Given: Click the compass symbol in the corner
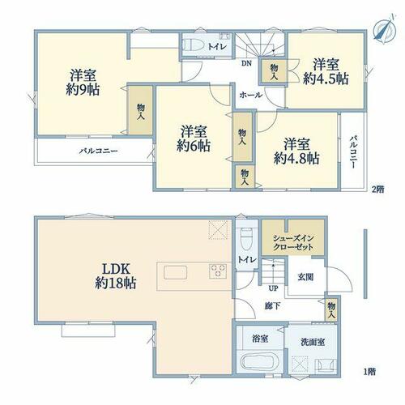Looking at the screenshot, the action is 384,29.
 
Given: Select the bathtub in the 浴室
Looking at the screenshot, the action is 259,362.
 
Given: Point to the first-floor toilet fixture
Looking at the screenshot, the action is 246,239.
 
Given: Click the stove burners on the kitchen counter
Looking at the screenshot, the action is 218,271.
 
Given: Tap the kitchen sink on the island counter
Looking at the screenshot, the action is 175,272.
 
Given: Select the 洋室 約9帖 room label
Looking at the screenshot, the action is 83,82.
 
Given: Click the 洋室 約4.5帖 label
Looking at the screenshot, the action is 326,71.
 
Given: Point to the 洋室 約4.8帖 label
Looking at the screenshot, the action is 296,151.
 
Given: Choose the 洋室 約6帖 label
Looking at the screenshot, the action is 194,139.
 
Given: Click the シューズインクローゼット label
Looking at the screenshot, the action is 293,243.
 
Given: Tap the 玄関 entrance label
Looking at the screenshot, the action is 305,277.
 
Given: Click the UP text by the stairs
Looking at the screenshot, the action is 273,288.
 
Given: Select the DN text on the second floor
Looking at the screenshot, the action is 246,64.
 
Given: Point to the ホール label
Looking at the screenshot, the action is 250,95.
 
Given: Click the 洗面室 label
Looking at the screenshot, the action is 313,342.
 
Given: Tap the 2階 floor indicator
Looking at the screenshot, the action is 378,190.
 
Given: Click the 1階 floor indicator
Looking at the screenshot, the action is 369,372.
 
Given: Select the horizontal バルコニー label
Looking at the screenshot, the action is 98,151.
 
